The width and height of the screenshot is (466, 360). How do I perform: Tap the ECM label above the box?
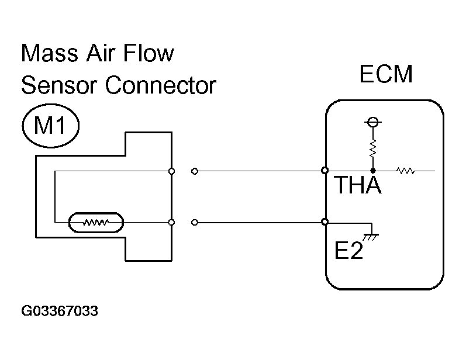(x=386, y=74)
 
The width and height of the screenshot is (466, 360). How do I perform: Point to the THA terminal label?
(x=357, y=185)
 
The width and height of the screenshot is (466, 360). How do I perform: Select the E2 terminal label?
(x=348, y=250)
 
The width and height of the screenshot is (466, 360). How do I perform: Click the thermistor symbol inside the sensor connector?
(x=96, y=222)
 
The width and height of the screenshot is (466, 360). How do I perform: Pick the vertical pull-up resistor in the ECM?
(x=372, y=148)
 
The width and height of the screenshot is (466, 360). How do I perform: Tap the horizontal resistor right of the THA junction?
(x=406, y=171)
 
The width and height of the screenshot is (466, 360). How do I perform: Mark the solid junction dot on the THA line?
(x=373, y=171)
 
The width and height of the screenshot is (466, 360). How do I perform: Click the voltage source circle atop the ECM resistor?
(x=373, y=122)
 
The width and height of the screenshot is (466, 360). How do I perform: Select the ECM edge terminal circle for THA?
(x=325, y=171)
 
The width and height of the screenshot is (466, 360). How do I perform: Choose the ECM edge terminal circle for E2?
(x=325, y=222)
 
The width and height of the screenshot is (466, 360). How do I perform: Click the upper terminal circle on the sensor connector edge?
(x=171, y=171)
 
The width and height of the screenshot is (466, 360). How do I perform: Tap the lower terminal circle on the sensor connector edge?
(x=171, y=222)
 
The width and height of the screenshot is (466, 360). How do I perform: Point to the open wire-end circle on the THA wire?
(x=195, y=171)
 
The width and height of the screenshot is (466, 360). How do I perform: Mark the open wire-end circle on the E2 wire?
(x=195, y=222)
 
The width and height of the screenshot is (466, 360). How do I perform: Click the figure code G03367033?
(x=60, y=311)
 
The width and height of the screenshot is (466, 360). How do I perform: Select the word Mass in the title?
(x=50, y=53)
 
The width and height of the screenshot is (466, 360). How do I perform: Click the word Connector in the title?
(x=161, y=85)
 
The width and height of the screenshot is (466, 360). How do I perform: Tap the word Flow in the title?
(x=148, y=53)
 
